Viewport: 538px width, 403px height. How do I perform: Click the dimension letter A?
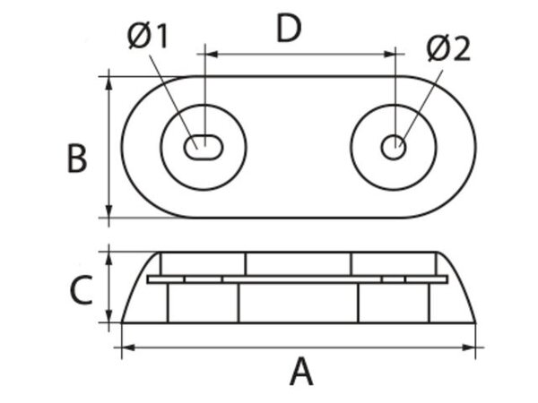[x=301, y=370]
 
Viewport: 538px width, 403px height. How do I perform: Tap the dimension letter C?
[x=81, y=290]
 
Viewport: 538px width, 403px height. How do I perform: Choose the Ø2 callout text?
[x=447, y=49]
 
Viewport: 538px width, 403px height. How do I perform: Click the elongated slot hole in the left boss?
[x=204, y=147]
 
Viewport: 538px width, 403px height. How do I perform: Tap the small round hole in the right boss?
[x=394, y=147]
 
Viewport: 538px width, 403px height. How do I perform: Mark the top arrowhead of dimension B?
[x=110, y=83]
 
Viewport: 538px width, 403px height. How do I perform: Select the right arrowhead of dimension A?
[x=477, y=347]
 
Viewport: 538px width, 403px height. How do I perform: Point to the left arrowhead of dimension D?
[x=213, y=54]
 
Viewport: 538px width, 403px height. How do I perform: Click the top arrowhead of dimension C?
[x=110, y=258]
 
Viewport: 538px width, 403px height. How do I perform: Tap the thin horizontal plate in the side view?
[x=296, y=279]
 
